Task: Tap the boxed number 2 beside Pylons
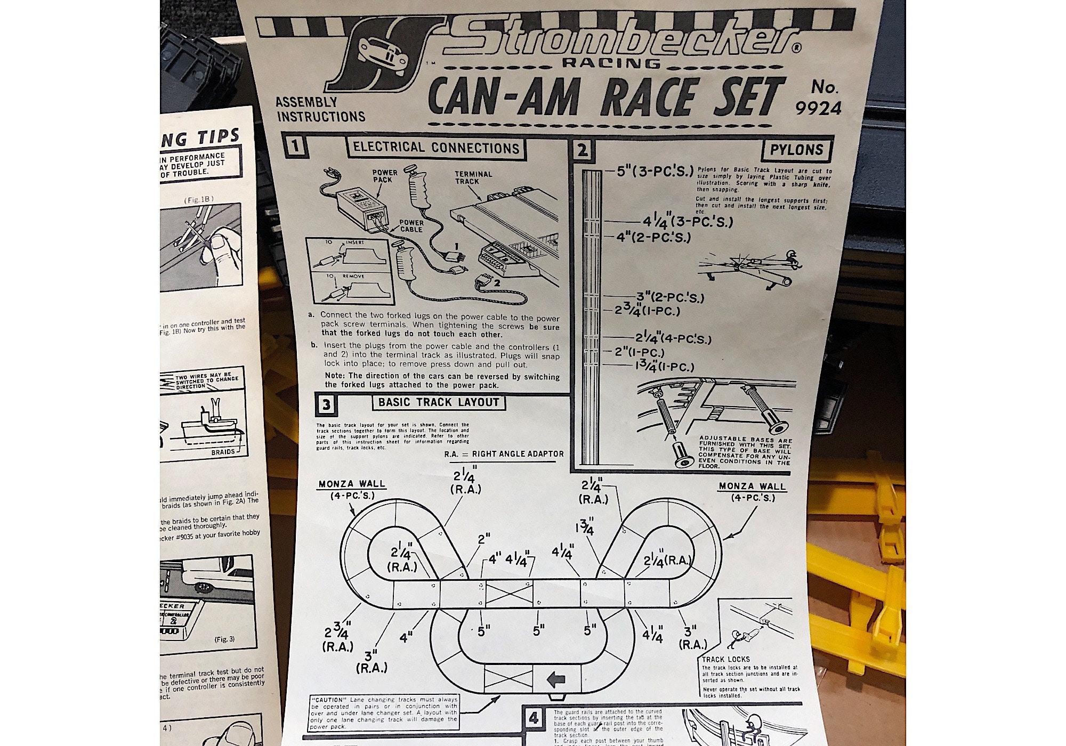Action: (x=582, y=150)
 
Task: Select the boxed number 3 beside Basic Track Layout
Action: (x=326, y=404)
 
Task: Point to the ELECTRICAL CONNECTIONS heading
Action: (x=436, y=148)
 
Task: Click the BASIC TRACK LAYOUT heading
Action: (x=439, y=402)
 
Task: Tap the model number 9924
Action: (x=818, y=108)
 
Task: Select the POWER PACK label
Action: (x=385, y=176)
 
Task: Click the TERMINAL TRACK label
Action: (x=473, y=177)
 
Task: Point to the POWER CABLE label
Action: (x=411, y=226)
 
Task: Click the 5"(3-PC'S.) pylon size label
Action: (x=655, y=172)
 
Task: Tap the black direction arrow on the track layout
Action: (x=555, y=679)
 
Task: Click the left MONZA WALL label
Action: (x=352, y=484)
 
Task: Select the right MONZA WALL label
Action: (x=752, y=486)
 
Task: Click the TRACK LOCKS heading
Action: (x=726, y=659)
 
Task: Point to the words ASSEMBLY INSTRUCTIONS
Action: (x=320, y=109)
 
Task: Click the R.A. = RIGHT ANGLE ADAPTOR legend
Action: (x=504, y=453)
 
